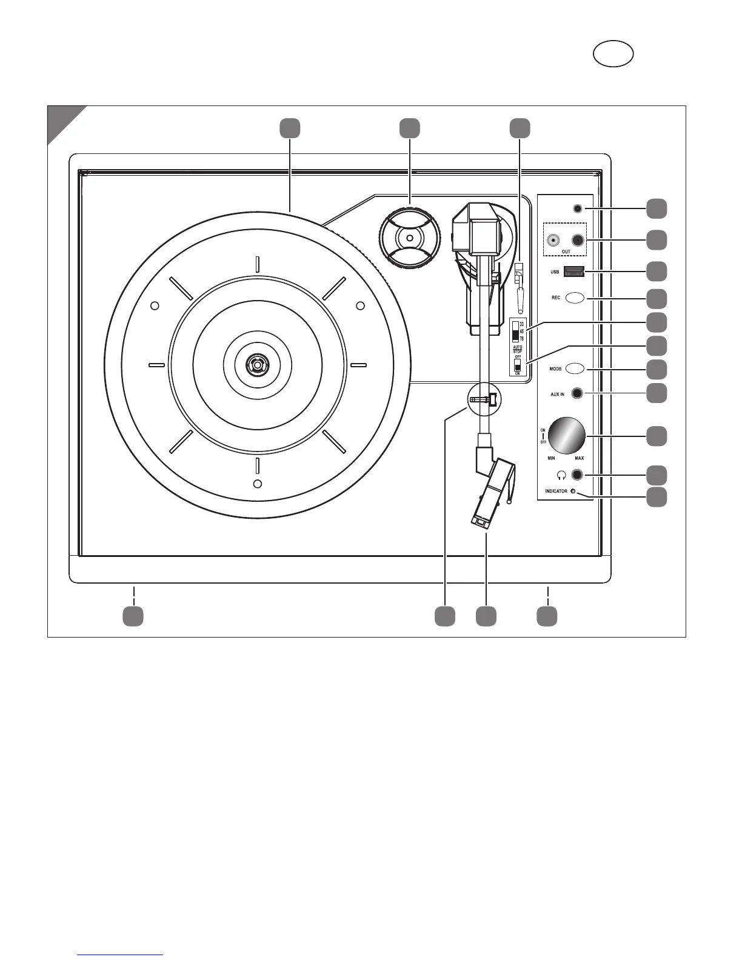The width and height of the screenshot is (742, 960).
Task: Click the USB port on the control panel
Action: tap(574, 272)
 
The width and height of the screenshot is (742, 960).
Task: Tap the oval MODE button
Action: tap(574, 368)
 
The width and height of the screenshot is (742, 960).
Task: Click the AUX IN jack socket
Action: tap(577, 394)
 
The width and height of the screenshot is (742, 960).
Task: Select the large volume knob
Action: tap(566, 435)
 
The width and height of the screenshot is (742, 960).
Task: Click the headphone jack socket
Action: tap(577, 475)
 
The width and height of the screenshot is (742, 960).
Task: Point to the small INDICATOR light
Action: tap(573, 492)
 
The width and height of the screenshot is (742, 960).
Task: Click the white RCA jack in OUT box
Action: tap(553, 240)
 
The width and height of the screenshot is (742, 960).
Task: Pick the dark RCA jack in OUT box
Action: tap(577, 240)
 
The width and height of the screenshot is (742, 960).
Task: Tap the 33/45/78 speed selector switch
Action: tap(516, 331)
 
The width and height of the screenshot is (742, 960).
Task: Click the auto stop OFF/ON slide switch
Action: tap(517, 367)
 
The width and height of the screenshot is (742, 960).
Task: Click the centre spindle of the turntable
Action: tap(256, 365)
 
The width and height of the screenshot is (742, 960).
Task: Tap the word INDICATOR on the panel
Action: tap(553, 492)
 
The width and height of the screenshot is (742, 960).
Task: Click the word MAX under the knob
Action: tap(579, 458)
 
